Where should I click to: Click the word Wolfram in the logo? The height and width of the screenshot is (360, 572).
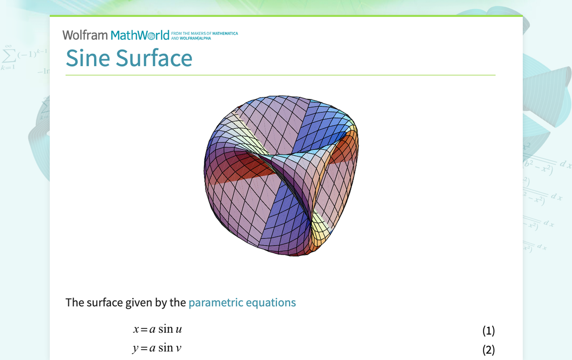click(x=85, y=35)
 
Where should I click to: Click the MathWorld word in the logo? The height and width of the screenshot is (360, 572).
click(x=140, y=35)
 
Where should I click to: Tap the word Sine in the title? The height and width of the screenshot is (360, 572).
click(x=88, y=58)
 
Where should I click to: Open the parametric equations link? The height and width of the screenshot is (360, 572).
click(x=242, y=302)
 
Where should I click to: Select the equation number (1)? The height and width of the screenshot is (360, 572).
click(x=488, y=331)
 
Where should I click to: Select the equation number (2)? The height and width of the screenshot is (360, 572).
click(x=488, y=350)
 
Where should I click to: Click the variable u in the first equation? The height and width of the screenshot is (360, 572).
click(x=179, y=330)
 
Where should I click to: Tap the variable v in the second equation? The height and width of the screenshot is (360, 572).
click(x=179, y=349)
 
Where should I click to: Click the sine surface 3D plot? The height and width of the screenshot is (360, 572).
click(x=281, y=174)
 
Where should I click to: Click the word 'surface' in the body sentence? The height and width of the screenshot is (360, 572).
click(x=106, y=302)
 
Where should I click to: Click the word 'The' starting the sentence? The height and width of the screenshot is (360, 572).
click(x=75, y=302)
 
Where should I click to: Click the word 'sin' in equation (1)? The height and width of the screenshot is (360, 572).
click(x=166, y=329)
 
